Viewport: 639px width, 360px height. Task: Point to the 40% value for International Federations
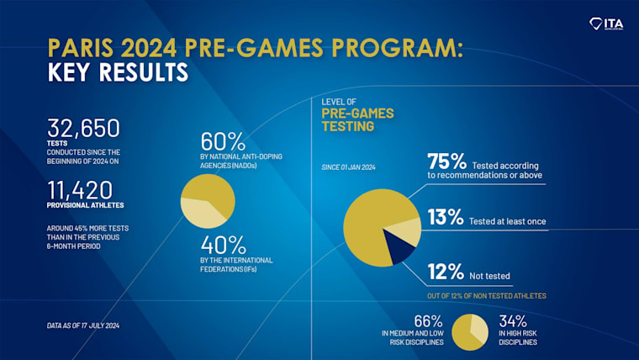coord(222,245)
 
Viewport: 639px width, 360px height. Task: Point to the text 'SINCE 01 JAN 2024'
coord(348,167)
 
